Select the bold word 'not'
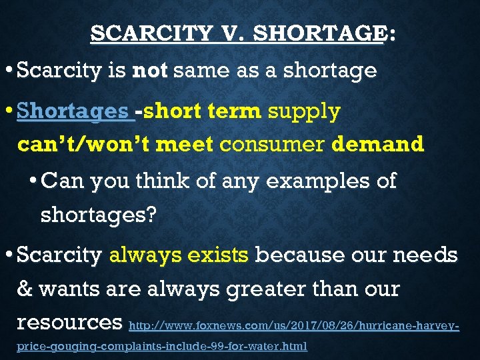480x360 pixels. point(151,70)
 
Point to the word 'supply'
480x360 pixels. point(304,111)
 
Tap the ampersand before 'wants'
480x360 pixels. point(25,289)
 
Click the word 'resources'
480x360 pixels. point(69,323)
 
